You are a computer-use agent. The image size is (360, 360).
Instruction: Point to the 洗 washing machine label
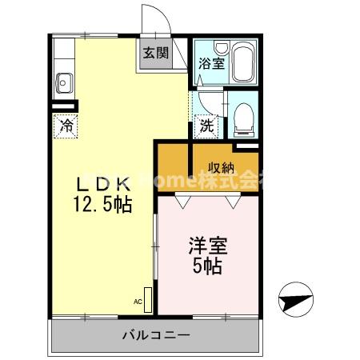[x=206, y=126]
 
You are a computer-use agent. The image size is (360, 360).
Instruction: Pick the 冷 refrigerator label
[x=66, y=126]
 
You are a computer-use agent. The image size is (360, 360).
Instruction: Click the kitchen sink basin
[x=64, y=81]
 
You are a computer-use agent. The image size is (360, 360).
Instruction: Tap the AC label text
[x=137, y=302]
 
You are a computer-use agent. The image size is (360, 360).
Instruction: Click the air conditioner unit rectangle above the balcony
[x=146, y=297]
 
